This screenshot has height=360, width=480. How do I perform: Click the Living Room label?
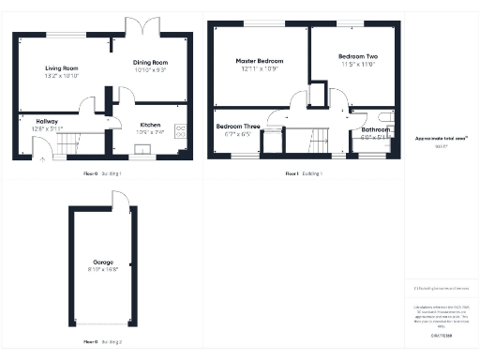pyautogui.click(x=63, y=68)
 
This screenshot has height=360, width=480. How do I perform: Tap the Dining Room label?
pyautogui.click(x=149, y=62)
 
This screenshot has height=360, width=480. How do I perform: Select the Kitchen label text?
pyautogui.click(x=150, y=125)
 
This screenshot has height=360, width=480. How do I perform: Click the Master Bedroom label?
pyautogui.click(x=259, y=61)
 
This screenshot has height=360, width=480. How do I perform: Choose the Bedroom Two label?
pyautogui.click(x=357, y=57)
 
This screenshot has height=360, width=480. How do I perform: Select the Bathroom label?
pyautogui.click(x=375, y=130)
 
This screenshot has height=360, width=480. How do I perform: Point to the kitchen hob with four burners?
pyautogui.click(x=181, y=132)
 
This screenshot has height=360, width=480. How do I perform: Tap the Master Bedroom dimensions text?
pyautogui.click(x=259, y=69)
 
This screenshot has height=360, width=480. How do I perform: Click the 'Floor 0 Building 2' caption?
pyautogui.click(x=102, y=342)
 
